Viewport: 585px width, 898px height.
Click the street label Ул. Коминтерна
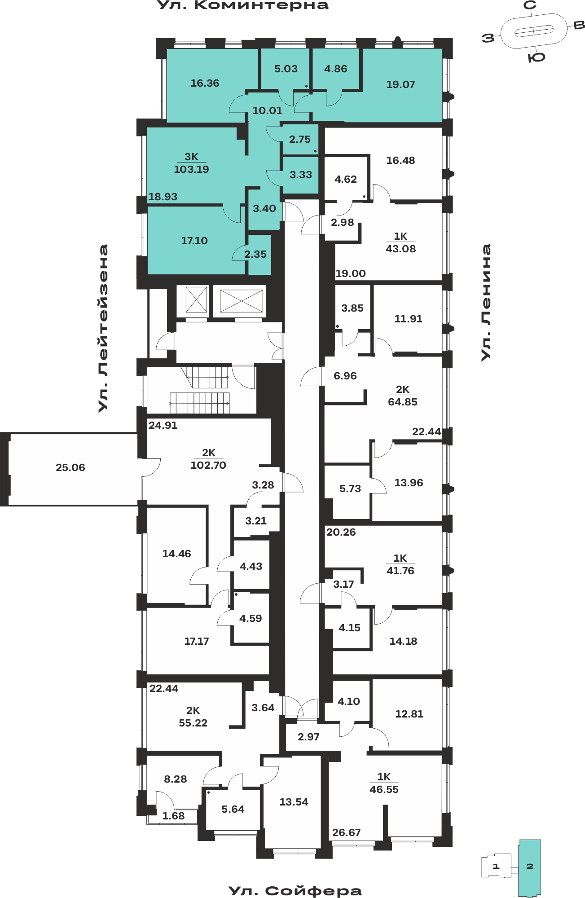(243, 5)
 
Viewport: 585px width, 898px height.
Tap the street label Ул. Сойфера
(295, 891)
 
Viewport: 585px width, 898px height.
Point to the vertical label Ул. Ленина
(486, 302)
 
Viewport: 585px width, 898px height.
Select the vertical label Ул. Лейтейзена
(104, 328)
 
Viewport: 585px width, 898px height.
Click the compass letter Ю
(537, 57)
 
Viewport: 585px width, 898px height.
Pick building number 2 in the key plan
(530, 866)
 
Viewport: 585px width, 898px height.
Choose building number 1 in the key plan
(496, 866)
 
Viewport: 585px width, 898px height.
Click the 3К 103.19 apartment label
(191, 163)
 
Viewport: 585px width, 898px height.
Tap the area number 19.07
(400, 84)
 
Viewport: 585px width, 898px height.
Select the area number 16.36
(205, 83)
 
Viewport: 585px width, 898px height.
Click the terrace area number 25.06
(70, 467)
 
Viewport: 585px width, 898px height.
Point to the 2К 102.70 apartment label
(208, 459)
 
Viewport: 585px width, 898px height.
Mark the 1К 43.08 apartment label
(400, 242)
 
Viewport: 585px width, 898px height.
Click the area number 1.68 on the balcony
(173, 816)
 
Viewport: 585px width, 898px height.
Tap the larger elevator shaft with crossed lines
(241, 301)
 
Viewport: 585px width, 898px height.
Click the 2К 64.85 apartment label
(402, 396)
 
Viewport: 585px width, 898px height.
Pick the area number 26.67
(346, 832)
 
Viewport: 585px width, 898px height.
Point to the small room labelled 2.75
(300, 140)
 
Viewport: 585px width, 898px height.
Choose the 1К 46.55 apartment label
(384, 783)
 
